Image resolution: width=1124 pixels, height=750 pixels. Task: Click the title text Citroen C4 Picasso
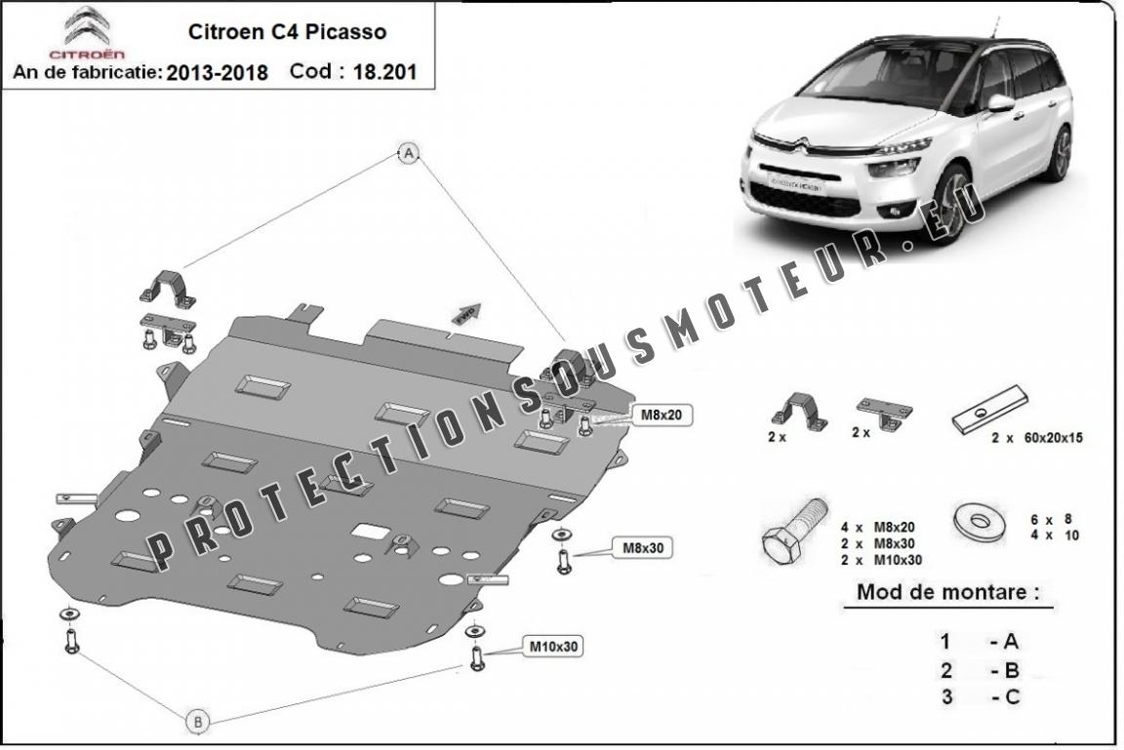point(286,31)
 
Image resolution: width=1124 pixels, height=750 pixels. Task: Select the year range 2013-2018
point(217,73)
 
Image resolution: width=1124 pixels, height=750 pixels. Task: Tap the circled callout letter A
point(409,152)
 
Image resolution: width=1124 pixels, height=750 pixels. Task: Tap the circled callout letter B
point(198,722)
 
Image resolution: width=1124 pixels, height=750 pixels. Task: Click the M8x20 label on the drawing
point(660,415)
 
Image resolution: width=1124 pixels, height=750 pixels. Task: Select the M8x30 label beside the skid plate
point(643,548)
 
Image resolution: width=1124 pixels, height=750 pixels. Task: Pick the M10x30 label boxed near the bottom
point(553,646)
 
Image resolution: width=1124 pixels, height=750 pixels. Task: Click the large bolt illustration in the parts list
point(791,533)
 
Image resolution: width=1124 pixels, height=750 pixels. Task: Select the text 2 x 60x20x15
point(1036,438)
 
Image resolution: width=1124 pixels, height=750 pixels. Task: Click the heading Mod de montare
point(946,591)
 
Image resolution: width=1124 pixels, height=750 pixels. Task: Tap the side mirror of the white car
point(1000,101)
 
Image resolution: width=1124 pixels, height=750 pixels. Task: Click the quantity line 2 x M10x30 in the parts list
point(880,560)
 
